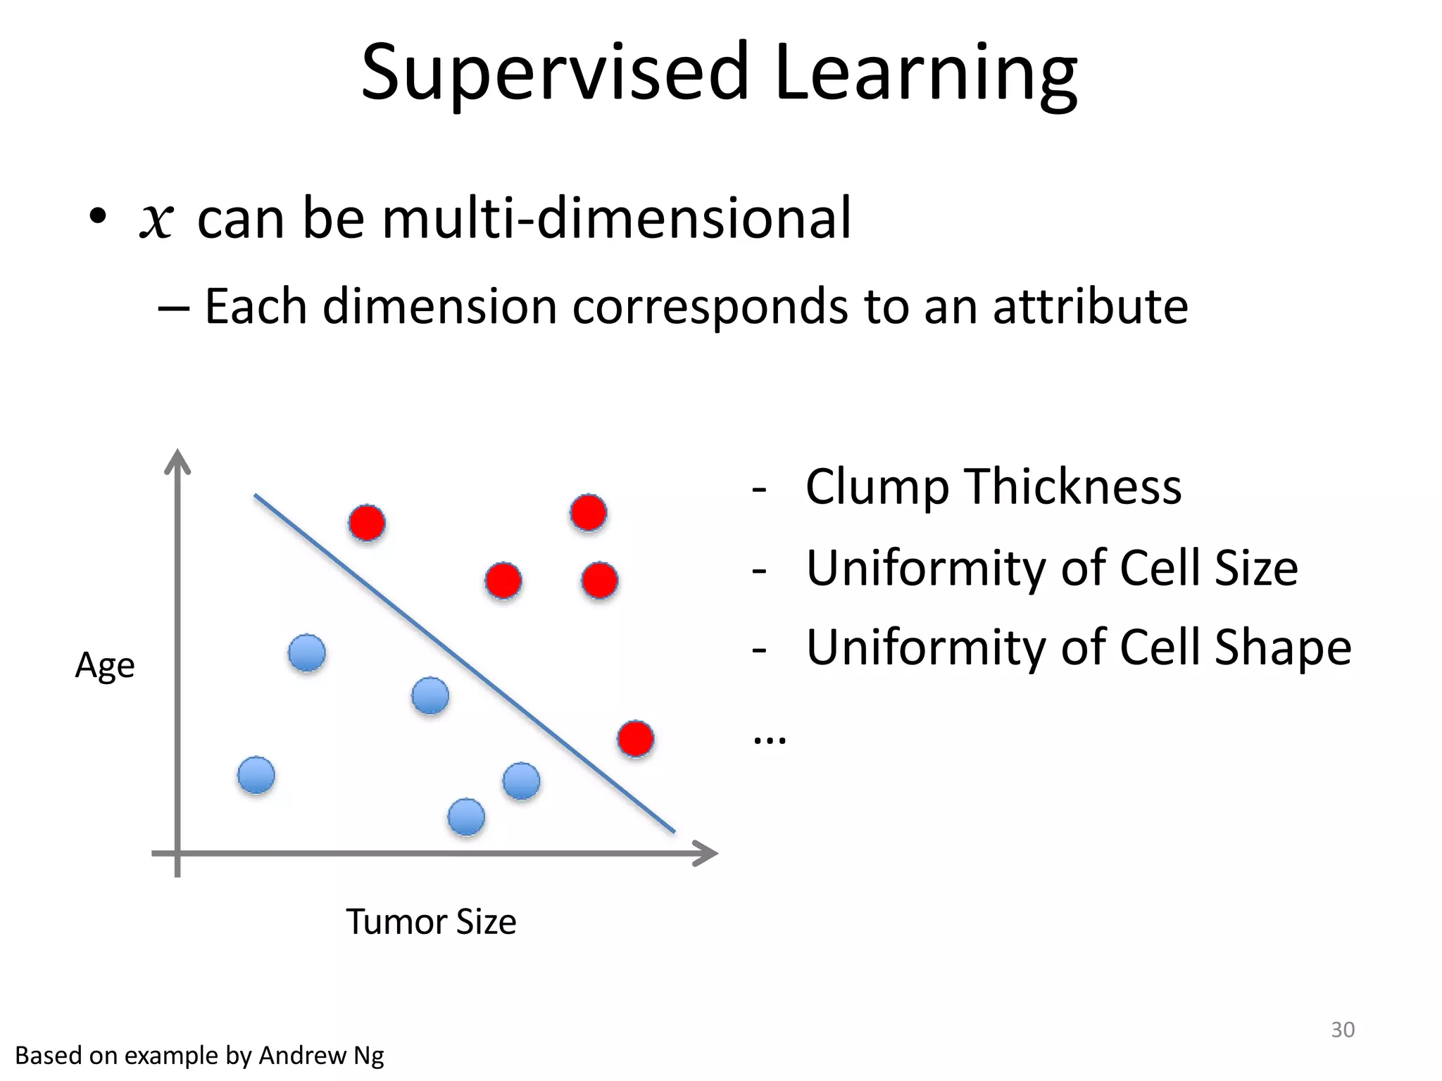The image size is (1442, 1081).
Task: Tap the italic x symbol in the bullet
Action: coord(156,220)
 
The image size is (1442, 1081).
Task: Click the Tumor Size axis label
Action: coord(431,922)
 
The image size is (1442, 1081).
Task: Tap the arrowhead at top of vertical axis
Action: coord(177,461)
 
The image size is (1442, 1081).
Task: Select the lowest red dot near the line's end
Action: coord(636,739)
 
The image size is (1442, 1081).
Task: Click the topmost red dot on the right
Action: coord(589,512)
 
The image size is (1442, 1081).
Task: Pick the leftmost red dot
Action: coord(367,523)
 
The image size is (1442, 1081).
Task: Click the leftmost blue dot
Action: coord(256,776)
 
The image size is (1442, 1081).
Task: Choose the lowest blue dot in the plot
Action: coord(466,817)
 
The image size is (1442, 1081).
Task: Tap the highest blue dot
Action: coord(307,653)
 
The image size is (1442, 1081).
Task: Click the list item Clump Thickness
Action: coord(993,487)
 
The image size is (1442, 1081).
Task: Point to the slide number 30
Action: coord(1342,1030)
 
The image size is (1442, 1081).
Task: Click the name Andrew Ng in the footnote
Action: coord(321,1056)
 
